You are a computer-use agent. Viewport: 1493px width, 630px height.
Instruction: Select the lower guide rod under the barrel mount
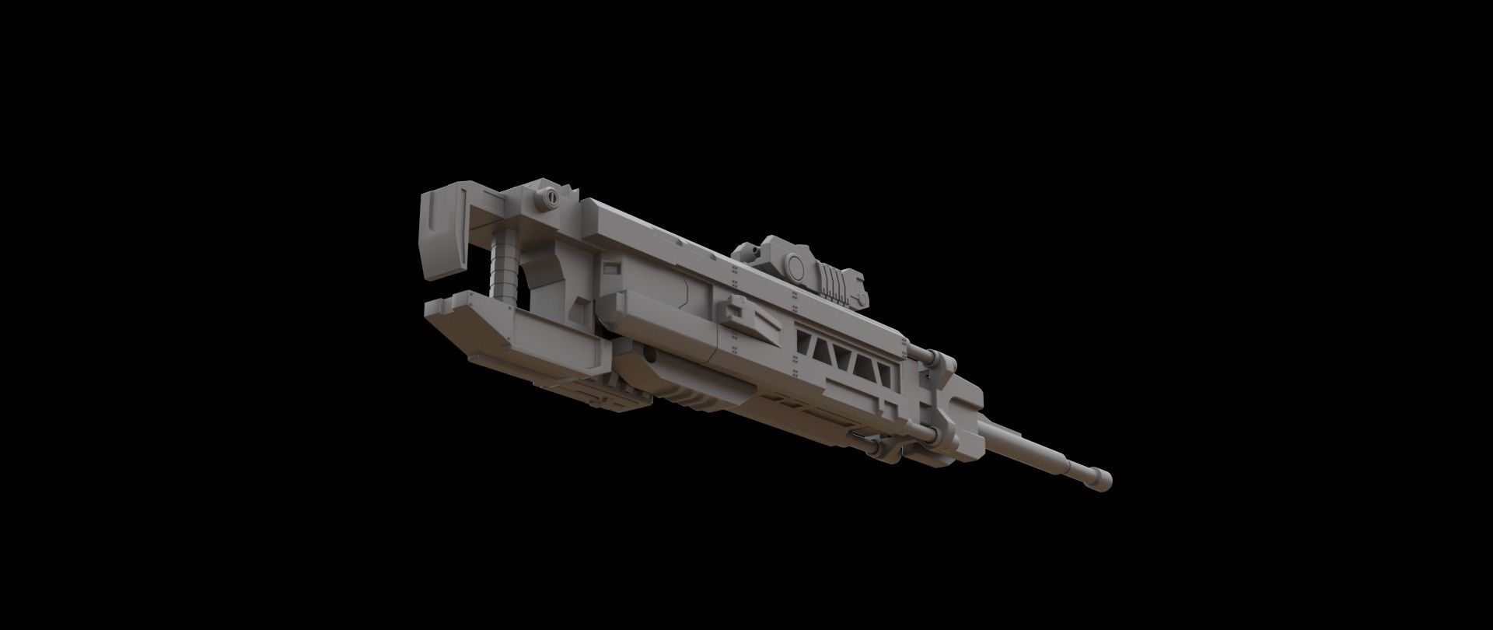tap(875, 446)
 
